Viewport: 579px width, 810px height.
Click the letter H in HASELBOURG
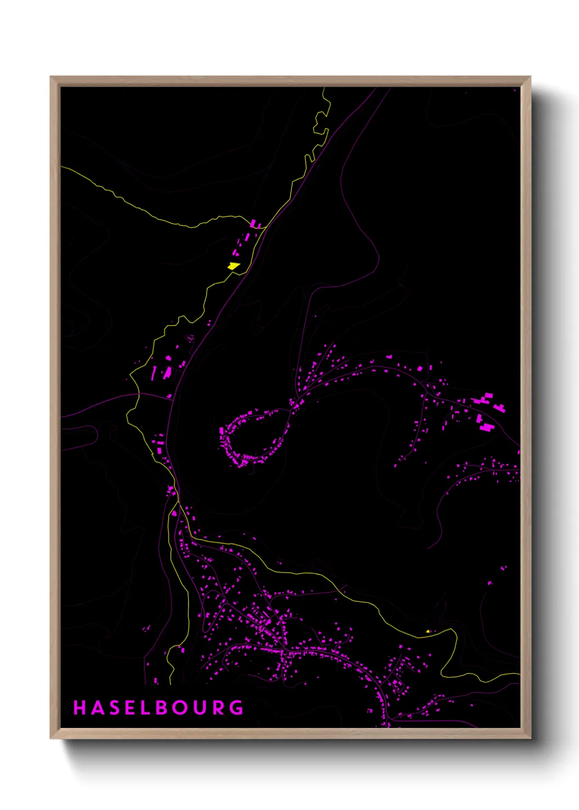pos(79,708)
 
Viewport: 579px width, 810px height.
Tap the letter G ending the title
pos(237,708)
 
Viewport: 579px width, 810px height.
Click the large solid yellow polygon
pos(234,266)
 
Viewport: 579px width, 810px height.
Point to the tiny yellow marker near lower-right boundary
pos(428,631)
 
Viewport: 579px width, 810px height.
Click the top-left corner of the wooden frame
pos(51,77)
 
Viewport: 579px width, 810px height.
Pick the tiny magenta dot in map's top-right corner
pos(514,89)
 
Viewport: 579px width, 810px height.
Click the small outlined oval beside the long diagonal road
pos(190,339)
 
